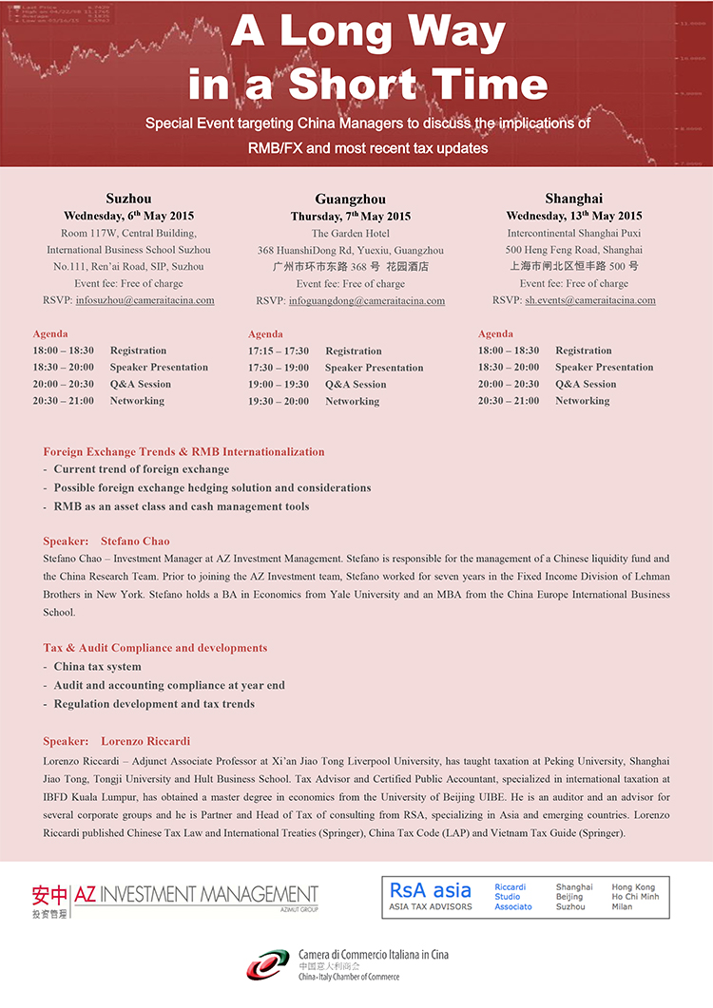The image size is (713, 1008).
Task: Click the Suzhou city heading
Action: [128, 199]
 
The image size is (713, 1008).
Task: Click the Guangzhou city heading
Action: [350, 200]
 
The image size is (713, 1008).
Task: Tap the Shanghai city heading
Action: [573, 199]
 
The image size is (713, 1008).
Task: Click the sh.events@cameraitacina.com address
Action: [590, 300]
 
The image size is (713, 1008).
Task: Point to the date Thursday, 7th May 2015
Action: [350, 217]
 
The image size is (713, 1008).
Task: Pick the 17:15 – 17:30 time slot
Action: [279, 352]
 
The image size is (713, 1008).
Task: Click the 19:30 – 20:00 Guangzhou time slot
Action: [279, 402]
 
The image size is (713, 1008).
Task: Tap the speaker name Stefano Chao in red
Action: [135, 542]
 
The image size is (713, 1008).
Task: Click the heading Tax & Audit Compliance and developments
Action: [155, 648]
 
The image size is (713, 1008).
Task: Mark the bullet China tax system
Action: [97, 667]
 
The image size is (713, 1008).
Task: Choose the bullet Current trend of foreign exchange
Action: [141, 469]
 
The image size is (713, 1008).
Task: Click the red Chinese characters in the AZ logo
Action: [49, 895]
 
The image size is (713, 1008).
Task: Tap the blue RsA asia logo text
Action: [430, 890]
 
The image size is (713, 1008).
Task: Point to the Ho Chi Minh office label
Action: [636, 897]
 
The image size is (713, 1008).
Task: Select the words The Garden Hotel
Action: [350, 234]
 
